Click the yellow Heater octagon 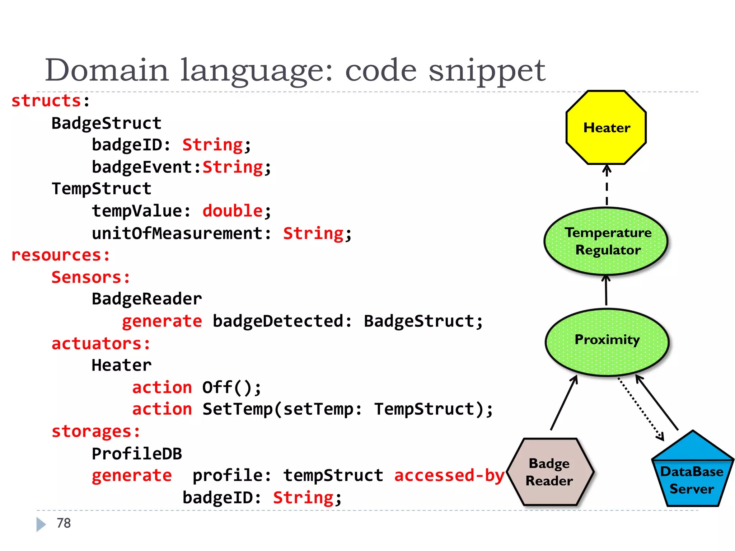(x=606, y=128)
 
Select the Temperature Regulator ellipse (x=606, y=241)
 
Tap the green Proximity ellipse (x=607, y=342)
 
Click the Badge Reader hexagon (x=549, y=472)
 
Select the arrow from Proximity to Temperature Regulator (x=606, y=291)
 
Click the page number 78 (x=64, y=523)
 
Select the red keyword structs (x=46, y=101)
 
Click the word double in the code (x=233, y=211)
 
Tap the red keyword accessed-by (x=449, y=476)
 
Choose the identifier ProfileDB (x=137, y=454)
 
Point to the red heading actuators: (x=101, y=344)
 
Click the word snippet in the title (x=487, y=71)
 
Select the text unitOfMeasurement (x=177, y=234)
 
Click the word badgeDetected (x=278, y=321)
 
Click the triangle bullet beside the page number (x=41, y=524)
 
